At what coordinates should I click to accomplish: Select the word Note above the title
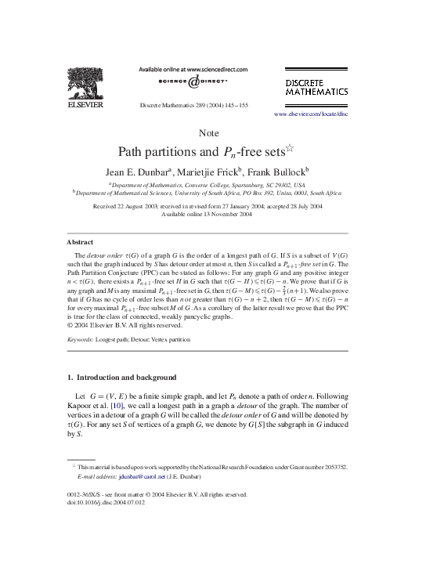(x=209, y=132)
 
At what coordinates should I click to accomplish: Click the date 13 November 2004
(x=234, y=214)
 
